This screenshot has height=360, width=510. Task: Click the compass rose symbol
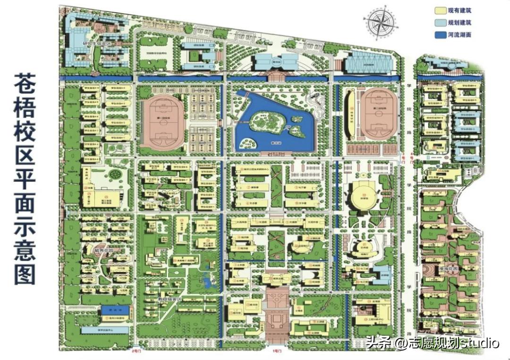coord(381,23)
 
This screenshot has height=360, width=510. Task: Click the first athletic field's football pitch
coord(163,122)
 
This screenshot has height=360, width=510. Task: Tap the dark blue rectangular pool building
coord(115,310)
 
